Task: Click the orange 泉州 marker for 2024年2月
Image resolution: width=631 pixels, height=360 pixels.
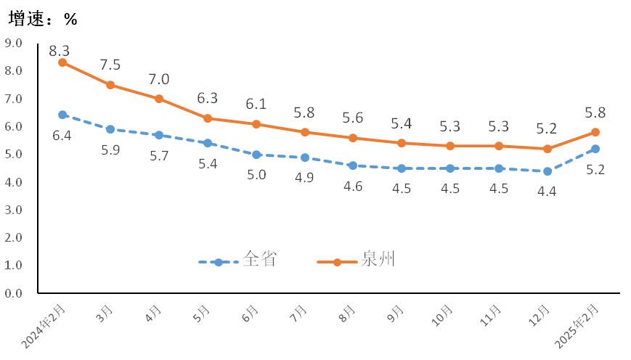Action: [62, 62]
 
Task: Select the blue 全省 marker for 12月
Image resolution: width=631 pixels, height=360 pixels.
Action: [547, 171]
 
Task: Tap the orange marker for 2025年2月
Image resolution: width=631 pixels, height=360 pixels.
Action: [595, 132]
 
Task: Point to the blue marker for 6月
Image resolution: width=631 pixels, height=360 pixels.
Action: [256, 155]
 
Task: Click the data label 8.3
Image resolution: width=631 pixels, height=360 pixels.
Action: [60, 51]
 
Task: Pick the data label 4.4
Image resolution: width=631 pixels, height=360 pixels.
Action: [547, 191]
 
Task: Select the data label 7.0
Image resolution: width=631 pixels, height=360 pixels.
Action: [159, 79]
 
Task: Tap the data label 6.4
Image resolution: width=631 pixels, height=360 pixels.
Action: [62, 135]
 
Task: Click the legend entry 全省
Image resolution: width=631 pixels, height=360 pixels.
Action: [260, 259]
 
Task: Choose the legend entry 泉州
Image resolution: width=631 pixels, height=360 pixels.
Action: [378, 259]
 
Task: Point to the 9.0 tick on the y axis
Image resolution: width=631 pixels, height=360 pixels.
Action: [15, 43]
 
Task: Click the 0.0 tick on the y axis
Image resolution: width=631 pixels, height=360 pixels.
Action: [15, 293]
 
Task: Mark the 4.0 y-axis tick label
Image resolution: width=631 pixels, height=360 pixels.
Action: [15, 182]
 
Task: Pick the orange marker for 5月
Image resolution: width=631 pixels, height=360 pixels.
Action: [208, 118]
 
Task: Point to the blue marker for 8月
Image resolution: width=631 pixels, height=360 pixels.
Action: [353, 165]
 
